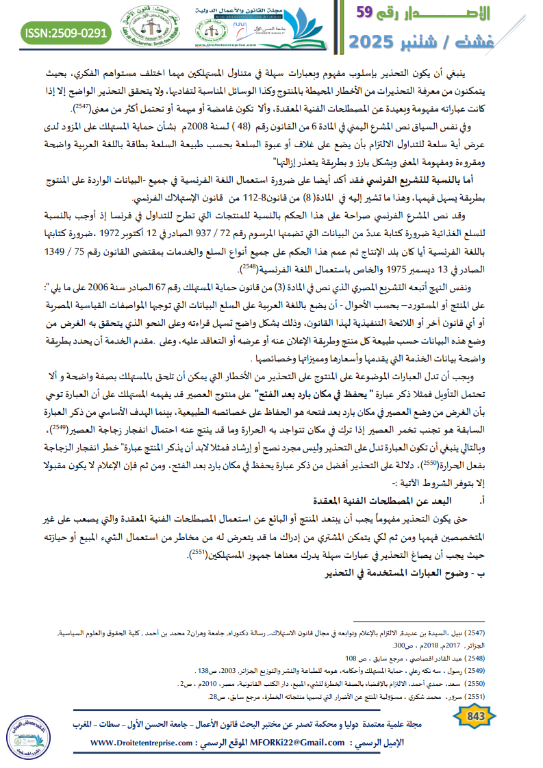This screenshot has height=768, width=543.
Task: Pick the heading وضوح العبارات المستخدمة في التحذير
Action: point(412,572)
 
